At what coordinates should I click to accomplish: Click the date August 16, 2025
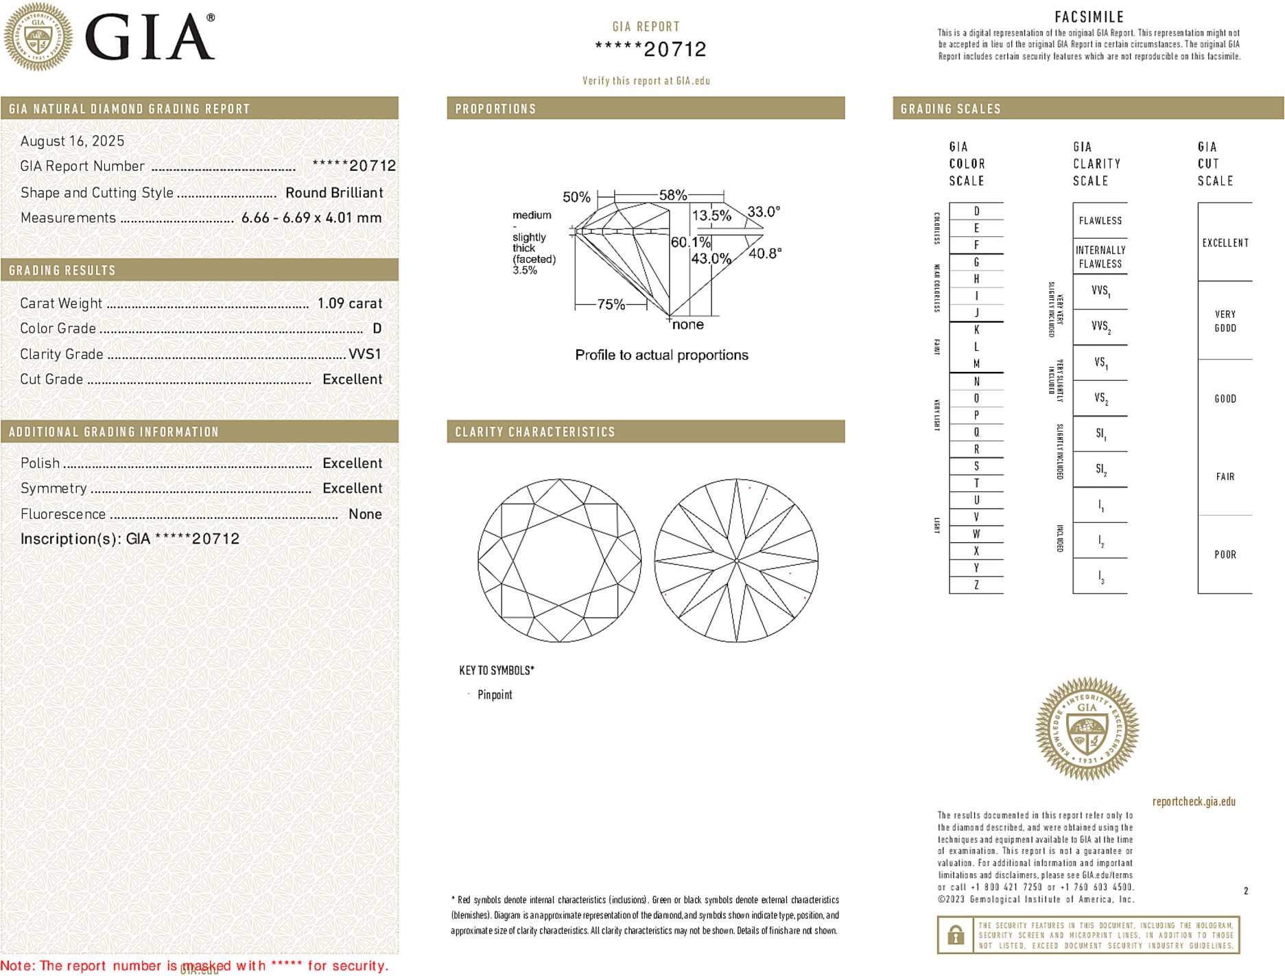coord(72,141)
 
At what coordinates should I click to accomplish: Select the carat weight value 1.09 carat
coord(349,303)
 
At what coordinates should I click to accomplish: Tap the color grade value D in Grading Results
coord(377,329)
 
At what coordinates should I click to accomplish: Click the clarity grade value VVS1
coord(364,354)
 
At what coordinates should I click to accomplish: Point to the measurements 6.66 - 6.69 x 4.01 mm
coord(311,218)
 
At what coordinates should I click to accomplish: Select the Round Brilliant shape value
coord(334,193)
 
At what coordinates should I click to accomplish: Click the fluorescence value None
coord(365,514)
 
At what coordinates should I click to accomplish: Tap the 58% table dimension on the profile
coord(672,195)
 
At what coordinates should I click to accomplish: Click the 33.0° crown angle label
coord(764,211)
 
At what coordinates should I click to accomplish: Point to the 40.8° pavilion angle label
coord(765,253)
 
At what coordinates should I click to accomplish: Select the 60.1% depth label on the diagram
coord(690,242)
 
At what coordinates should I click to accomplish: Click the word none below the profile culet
coord(687,325)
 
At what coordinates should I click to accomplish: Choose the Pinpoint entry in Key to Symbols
coord(495,695)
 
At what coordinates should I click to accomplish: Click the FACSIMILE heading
coord(1089,17)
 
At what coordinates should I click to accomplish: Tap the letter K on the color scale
coord(976,330)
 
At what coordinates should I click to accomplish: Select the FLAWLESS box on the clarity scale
coord(1100,220)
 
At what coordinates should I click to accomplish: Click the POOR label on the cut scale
coord(1225,555)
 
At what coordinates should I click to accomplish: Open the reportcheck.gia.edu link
coord(1194,802)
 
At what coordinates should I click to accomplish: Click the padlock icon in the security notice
coord(956,935)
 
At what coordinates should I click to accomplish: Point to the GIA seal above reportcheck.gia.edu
coord(1087,729)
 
